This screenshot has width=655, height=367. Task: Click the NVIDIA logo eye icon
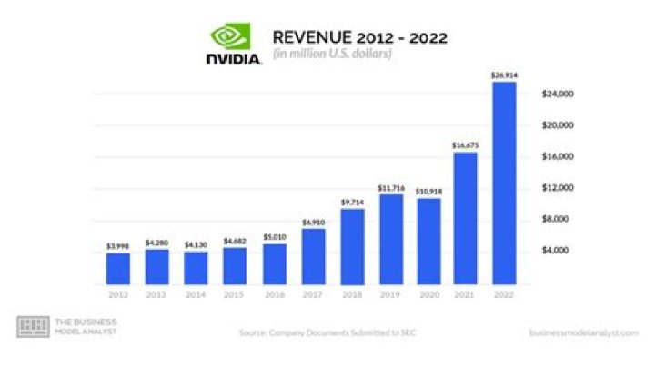(228, 36)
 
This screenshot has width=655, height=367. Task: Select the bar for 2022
(503, 183)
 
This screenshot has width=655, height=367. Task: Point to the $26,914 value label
(503, 75)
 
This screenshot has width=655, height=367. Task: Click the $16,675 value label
(465, 145)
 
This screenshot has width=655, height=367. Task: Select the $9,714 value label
(350, 203)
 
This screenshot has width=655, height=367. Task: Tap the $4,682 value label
(234, 242)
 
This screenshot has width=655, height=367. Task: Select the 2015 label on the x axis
(234, 295)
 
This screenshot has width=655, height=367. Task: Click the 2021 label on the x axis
(465, 295)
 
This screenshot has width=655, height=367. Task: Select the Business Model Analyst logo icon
(33, 328)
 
